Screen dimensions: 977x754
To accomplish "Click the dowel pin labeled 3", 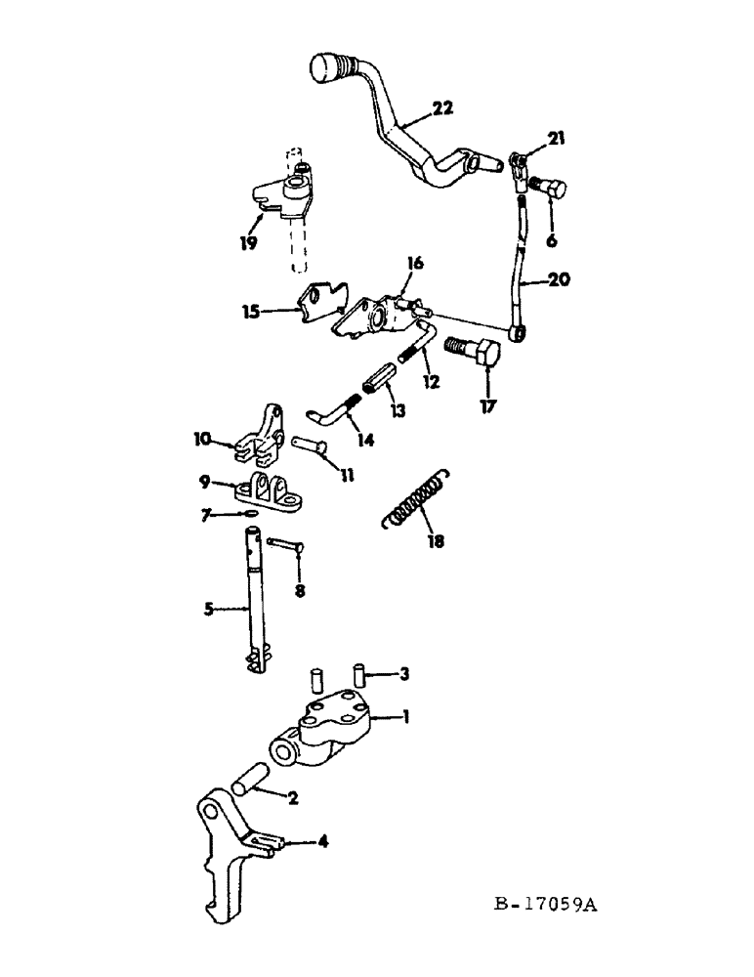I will tap(358, 673).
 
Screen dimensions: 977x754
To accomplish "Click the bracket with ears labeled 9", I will tap(273, 490).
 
